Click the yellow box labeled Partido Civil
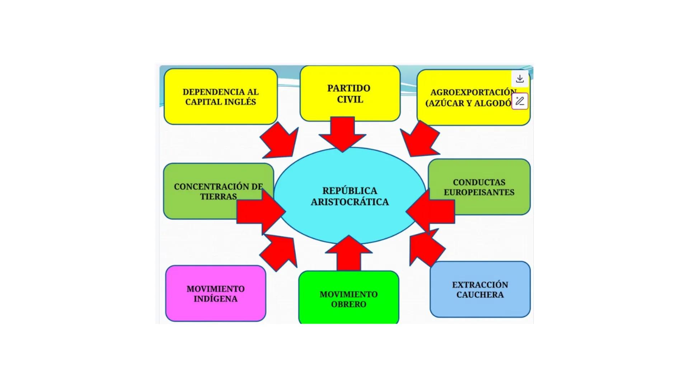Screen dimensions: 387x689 [x=350, y=94]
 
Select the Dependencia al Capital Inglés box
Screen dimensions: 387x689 [x=220, y=97]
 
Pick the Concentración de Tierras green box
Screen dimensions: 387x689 [x=201, y=191]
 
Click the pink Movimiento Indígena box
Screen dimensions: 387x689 [x=215, y=293]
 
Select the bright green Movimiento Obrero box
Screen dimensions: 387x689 [x=348, y=299]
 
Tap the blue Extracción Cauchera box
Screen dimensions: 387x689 [x=480, y=290]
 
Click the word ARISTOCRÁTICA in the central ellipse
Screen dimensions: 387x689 [x=350, y=202]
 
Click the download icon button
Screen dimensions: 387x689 [x=520, y=79]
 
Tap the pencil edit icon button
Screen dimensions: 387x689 [x=520, y=101]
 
